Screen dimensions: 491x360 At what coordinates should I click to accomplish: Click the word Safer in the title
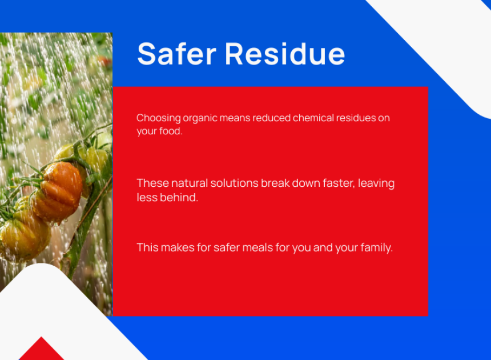tap(177, 54)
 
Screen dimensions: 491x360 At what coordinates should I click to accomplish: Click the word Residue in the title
tap(285, 54)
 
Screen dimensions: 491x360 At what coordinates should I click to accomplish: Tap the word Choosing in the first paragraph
tap(159, 118)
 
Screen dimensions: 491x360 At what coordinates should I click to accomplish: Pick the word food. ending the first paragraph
tap(171, 131)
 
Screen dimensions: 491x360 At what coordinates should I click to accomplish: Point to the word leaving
tap(376, 183)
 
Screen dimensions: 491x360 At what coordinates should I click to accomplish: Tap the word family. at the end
tap(377, 248)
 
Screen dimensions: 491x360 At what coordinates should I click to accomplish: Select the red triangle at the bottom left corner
tap(41, 350)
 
